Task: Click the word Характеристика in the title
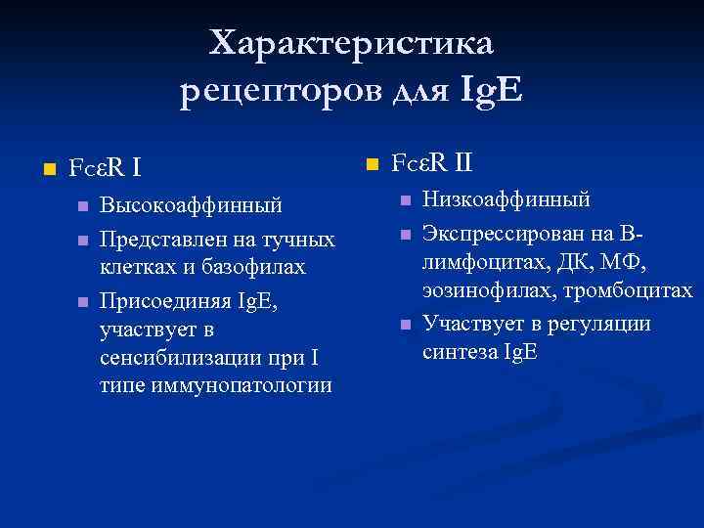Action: (x=353, y=44)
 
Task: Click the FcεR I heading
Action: (x=105, y=167)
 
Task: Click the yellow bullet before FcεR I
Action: (x=38, y=168)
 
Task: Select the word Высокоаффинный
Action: (x=192, y=206)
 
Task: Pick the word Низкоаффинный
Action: (x=506, y=200)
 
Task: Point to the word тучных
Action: (x=302, y=240)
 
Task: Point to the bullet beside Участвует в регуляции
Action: (x=404, y=324)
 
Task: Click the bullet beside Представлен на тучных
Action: (x=82, y=240)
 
